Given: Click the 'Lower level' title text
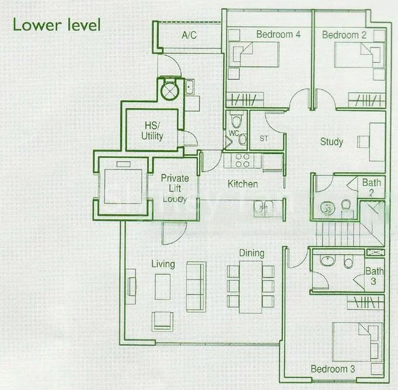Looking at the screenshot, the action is coord(57,25).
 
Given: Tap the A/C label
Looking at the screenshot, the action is coord(189,35).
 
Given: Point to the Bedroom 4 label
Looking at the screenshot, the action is coord(278,34).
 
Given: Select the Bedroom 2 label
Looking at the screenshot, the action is coord(344,34).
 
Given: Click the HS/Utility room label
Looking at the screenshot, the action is coord(152,131).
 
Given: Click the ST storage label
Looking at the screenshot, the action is coord(264,138).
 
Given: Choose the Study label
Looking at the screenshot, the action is coord(332,142).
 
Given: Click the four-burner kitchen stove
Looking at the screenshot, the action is coord(243,161).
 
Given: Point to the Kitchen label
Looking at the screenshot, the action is coord(243,184).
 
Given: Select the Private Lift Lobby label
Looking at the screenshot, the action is coord(175,188).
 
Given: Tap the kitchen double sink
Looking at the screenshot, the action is coord(264,209).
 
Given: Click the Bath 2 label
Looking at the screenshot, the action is coord(371,187).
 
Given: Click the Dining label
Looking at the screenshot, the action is coord(252,253).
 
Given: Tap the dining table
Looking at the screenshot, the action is coord(250,287).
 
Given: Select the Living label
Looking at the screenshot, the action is coord(163,264).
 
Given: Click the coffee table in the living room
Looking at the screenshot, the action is coord(163,287).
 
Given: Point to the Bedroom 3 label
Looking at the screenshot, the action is coord(333,369).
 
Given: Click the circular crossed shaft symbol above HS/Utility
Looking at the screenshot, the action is coord(170,90).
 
